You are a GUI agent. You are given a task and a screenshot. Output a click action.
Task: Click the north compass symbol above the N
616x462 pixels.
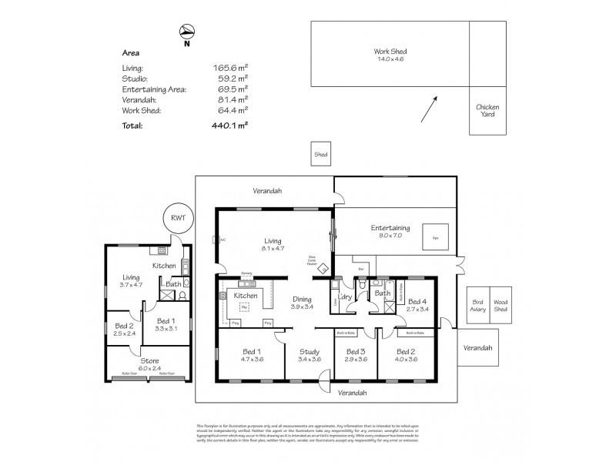186,31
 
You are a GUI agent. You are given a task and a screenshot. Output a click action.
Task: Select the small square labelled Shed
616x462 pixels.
320,155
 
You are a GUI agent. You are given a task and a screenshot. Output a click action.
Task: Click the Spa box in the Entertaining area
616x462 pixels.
435,238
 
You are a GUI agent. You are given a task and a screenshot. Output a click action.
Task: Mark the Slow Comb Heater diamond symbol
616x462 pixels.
324,269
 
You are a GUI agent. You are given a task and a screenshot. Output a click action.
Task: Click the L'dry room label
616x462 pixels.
344,297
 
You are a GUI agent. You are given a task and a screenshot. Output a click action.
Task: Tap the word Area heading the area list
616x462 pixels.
131,54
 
